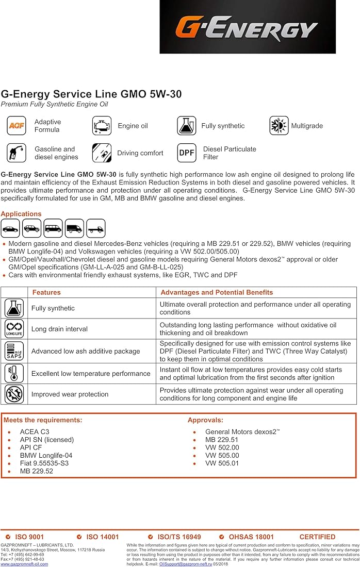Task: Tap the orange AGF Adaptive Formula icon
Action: pyautogui.click(x=15, y=126)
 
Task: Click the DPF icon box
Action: pyautogui.click(x=186, y=153)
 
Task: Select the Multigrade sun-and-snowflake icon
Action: pyautogui.click(x=279, y=126)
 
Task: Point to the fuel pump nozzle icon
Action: pyautogui.click(x=15, y=153)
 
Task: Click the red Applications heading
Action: pyautogui.click(x=21, y=214)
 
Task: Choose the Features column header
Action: pyautogui.click(x=46, y=292)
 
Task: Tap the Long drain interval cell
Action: pyautogui.click(x=59, y=329)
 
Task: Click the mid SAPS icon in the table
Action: pyautogui.click(x=14, y=351)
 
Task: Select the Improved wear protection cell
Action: pyautogui.click(x=70, y=394)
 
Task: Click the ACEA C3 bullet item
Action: pyautogui.click(x=35, y=432)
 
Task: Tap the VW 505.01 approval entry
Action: pyautogui.click(x=222, y=463)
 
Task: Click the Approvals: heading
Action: pyautogui.click(x=205, y=420)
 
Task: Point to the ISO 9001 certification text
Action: pyautogui.click(x=29, y=537)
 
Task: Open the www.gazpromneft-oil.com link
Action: pyautogui.click(x=24, y=564)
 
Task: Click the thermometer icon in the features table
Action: pyautogui.click(x=14, y=373)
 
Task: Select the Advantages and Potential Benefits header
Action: pyautogui.click(x=217, y=292)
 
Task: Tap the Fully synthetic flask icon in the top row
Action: pyautogui.click(x=186, y=126)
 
